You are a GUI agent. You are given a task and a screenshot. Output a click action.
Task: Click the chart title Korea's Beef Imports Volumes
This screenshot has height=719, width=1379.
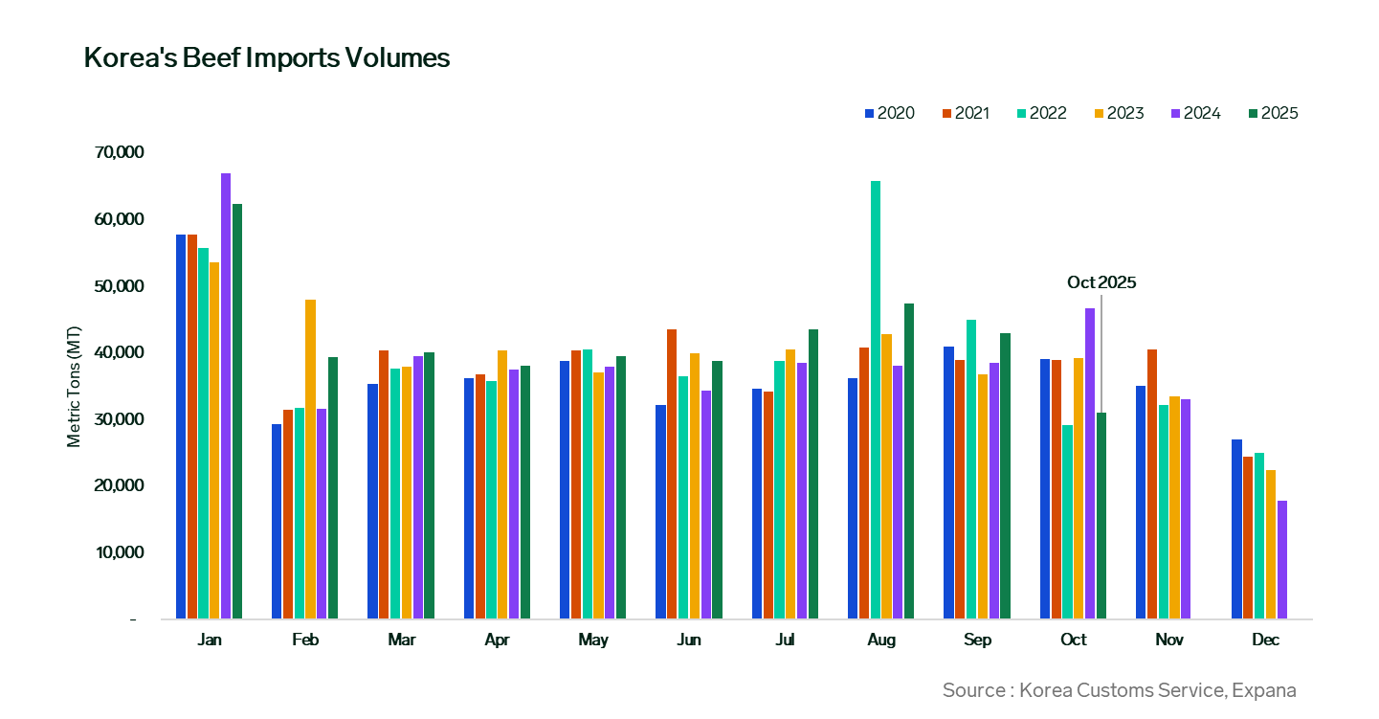(x=267, y=58)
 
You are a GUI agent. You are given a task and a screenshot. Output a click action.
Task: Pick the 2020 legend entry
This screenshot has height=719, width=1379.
(x=887, y=113)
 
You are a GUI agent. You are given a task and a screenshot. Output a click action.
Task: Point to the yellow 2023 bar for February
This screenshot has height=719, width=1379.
(x=310, y=459)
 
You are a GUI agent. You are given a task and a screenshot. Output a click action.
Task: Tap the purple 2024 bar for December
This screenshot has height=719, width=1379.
(x=1282, y=559)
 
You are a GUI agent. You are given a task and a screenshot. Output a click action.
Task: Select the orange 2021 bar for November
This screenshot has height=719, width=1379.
(x=1152, y=483)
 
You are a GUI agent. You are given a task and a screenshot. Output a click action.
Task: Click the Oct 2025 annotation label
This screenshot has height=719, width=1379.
(x=1101, y=282)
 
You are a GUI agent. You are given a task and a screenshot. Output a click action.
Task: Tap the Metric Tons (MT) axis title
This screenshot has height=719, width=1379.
(x=74, y=385)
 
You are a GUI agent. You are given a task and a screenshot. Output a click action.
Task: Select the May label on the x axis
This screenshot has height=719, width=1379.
(x=593, y=640)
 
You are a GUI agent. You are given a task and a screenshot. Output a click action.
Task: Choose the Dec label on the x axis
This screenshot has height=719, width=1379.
(x=1265, y=640)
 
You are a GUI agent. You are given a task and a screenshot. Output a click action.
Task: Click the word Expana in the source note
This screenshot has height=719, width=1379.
(x=1264, y=690)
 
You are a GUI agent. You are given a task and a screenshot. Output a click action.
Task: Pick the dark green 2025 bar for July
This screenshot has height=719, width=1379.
(x=813, y=474)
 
